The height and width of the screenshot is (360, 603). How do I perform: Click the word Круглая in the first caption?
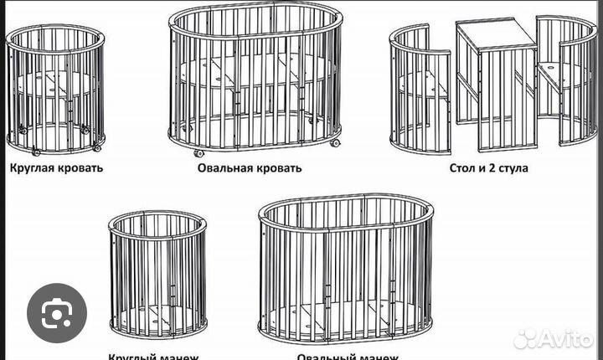(33, 167)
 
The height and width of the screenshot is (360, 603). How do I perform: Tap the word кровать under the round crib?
(81, 167)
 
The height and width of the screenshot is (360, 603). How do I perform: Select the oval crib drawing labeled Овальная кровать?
(255, 80)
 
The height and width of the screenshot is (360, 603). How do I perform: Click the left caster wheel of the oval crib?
(199, 153)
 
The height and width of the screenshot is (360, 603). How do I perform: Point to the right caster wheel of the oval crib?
(334, 143)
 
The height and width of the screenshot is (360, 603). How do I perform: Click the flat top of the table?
(496, 33)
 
